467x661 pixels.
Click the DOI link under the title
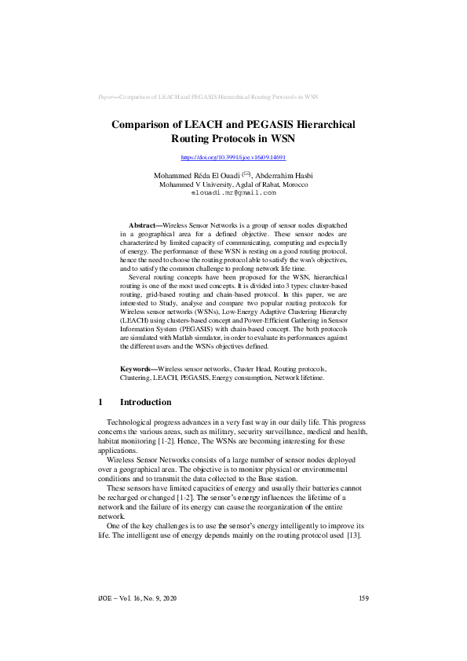[x=233, y=159]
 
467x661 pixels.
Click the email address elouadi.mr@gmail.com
[x=233, y=192]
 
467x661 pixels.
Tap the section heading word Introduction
[x=145, y=402]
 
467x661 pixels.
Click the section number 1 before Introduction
[x=100, y=402]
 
